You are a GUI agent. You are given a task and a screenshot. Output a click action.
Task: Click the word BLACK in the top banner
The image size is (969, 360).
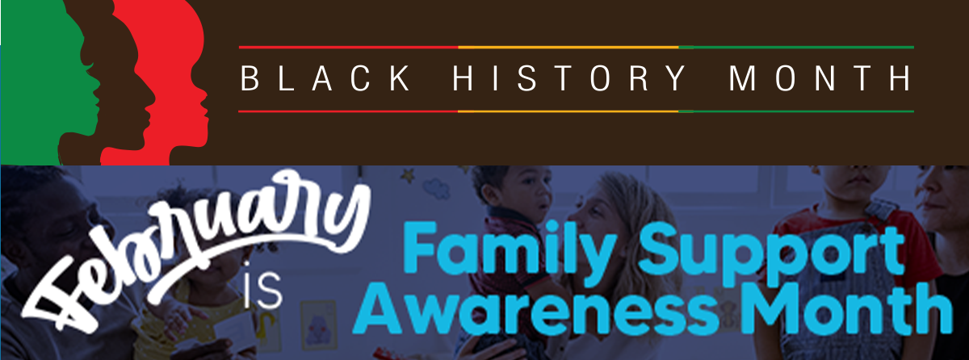click(325, 78)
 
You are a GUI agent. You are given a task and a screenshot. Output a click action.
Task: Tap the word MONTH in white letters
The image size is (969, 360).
click(820, 78)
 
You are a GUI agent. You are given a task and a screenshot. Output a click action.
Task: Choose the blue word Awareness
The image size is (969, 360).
click(535, 310)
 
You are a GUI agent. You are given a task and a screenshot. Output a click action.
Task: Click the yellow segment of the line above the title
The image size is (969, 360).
click(568, 47)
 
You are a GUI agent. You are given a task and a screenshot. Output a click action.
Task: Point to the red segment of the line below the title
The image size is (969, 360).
click(348, 111)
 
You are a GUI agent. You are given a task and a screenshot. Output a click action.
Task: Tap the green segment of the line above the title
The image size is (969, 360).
click(796, 47)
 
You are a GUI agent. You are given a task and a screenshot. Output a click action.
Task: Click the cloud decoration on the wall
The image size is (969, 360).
click(436, 188)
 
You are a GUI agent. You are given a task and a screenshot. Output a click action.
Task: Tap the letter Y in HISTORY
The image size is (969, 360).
click(675, 78)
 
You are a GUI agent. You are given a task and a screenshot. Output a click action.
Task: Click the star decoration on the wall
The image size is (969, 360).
click(407, 175)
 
